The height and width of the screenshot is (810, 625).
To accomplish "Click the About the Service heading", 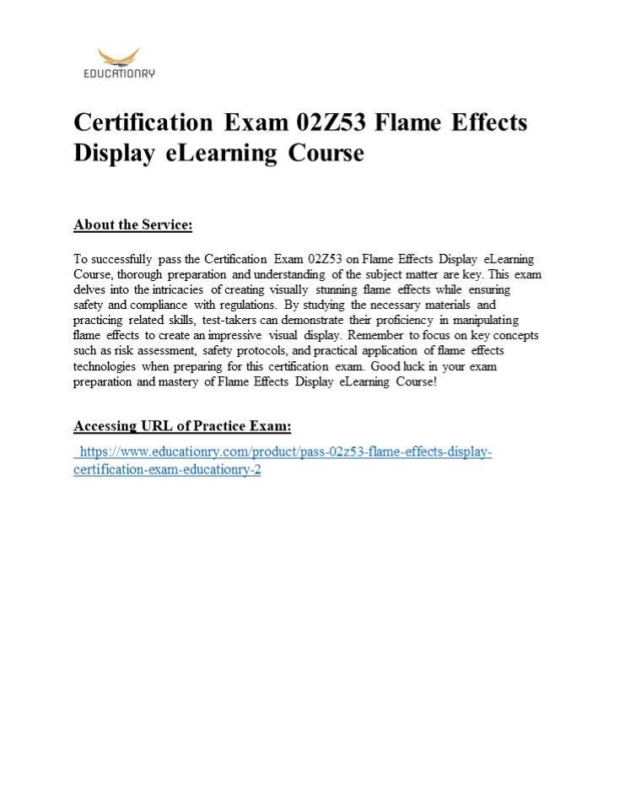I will coord(133,224).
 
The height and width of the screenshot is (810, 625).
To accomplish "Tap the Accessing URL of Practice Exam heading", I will coord(182,425).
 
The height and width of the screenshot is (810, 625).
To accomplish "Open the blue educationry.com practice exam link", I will coord(283,453).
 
